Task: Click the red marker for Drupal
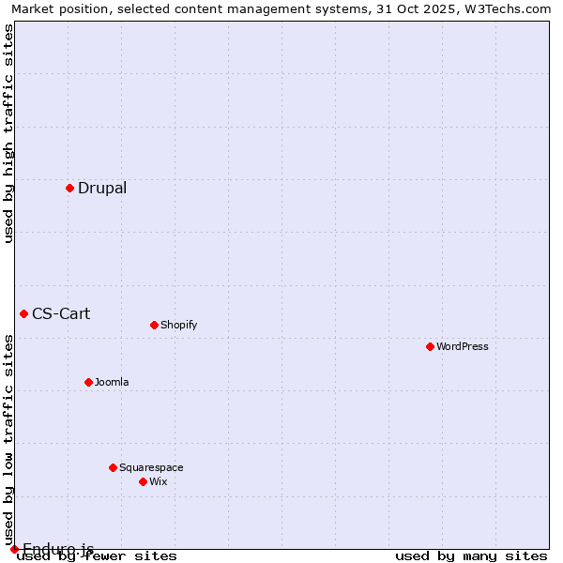[x=69, y=188]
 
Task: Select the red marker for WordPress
[x=430, y=346]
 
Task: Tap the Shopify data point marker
[x=154, y=325]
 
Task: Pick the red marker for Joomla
[x=88, y=382]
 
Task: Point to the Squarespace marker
[x=113, y=467]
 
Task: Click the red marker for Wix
[x=143, y=481]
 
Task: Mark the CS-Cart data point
[x=23, y=313]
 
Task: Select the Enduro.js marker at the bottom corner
[x=14, y=549]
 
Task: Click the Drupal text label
[x=102, y=188]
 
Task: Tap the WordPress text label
[x=463, y=346]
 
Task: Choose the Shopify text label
[x=178, y=325]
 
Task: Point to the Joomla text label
[x=112, y=382]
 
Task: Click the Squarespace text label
[x=151, y=467]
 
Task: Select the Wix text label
[x=158, y=481]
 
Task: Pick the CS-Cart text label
[x=61, y=313]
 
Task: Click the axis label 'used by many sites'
[x=471, y=555]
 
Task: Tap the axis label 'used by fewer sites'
[x=98, y=555]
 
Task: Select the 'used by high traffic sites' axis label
[x=8, y=133]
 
